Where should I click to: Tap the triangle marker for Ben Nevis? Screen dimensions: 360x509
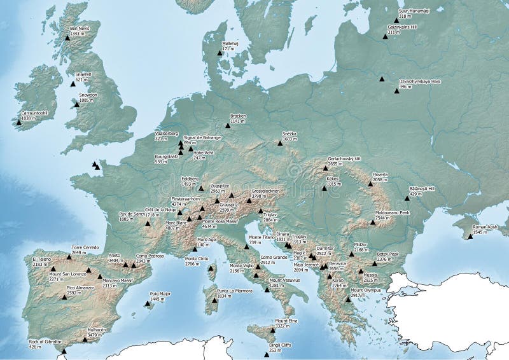click(x=67, y=38)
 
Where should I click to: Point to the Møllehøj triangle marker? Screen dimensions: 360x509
click(x=220, y=53)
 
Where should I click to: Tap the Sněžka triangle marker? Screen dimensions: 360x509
click(x=280, y=143)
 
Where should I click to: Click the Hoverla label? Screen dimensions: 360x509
click(x=380, y=176)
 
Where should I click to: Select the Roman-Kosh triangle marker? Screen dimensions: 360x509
click(x=470, y=237)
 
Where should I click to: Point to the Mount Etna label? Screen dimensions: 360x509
click(x=286, y=322)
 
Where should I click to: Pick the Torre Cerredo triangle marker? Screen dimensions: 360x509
click(x=69, y=257)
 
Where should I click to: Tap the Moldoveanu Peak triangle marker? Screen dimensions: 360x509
click(x=372, y=223)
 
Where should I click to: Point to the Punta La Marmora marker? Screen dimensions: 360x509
click(x=214, y=300)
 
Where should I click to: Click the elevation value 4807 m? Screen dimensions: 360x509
click(x=174, y=227)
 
